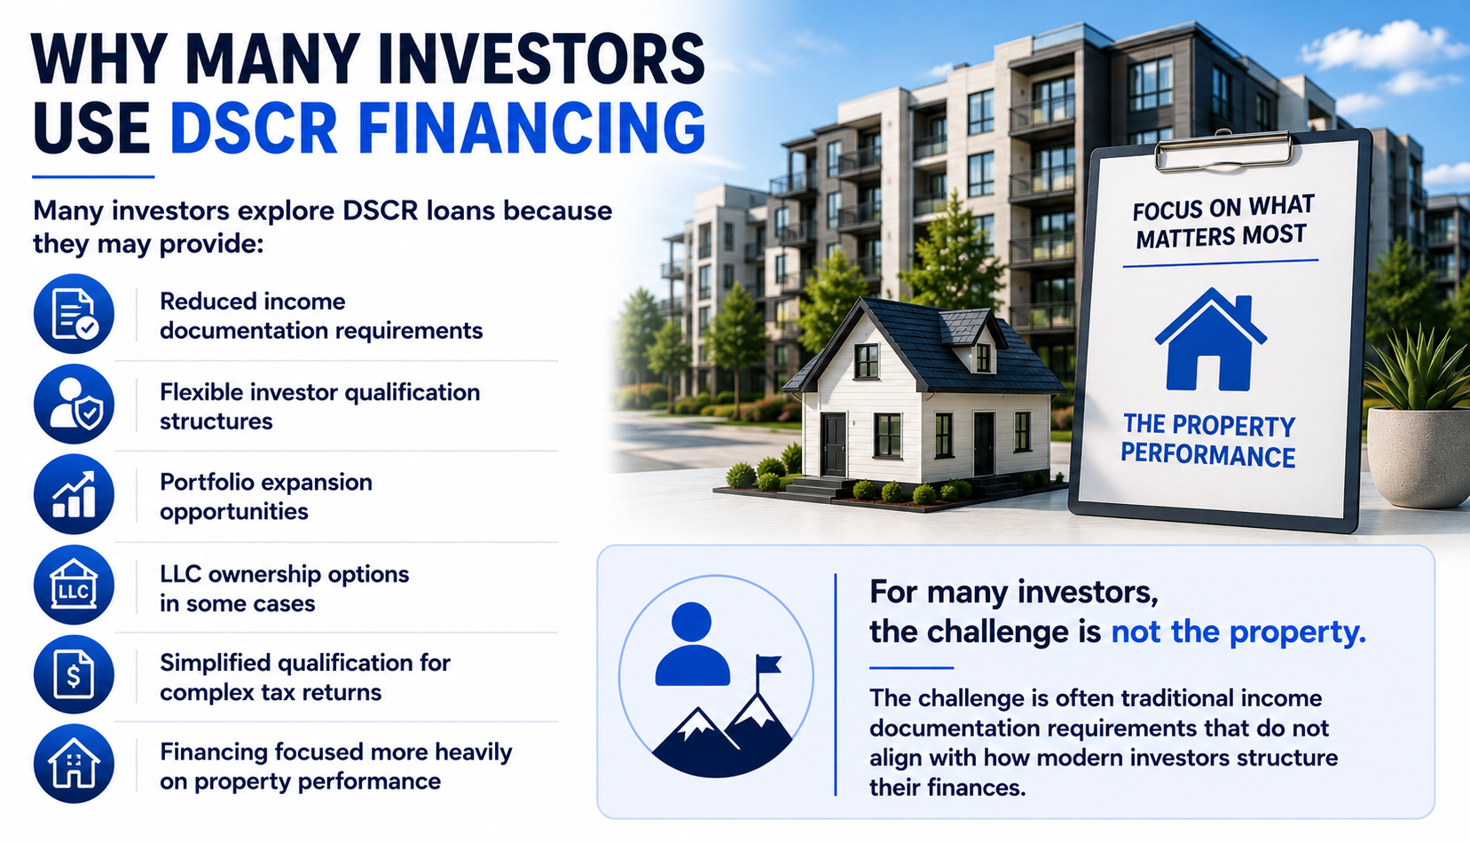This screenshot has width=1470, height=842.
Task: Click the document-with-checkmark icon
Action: coord(75,314)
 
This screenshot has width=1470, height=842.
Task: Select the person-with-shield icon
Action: coord(75,405)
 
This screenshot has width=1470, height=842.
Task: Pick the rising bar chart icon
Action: coord(75,494)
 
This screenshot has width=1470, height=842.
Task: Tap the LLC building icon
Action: coord(75,585)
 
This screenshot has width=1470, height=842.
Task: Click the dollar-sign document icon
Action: coord(75,674)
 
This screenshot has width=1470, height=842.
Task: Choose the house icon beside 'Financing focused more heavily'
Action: coord(75,764)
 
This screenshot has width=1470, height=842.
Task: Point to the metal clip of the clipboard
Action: coord(1222,150)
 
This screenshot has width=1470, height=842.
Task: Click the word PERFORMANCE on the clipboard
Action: coord(1207,455)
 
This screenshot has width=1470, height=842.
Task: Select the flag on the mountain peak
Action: coord(768,664)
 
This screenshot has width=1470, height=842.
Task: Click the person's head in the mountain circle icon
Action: coord(692,622)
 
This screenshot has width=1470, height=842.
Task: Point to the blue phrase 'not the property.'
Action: coord(1238,632)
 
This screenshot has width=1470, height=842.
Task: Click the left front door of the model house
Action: coord(833,445)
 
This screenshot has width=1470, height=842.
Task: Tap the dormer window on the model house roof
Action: coord(982,358)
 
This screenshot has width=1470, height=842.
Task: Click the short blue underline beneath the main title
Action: coord(93,177)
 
